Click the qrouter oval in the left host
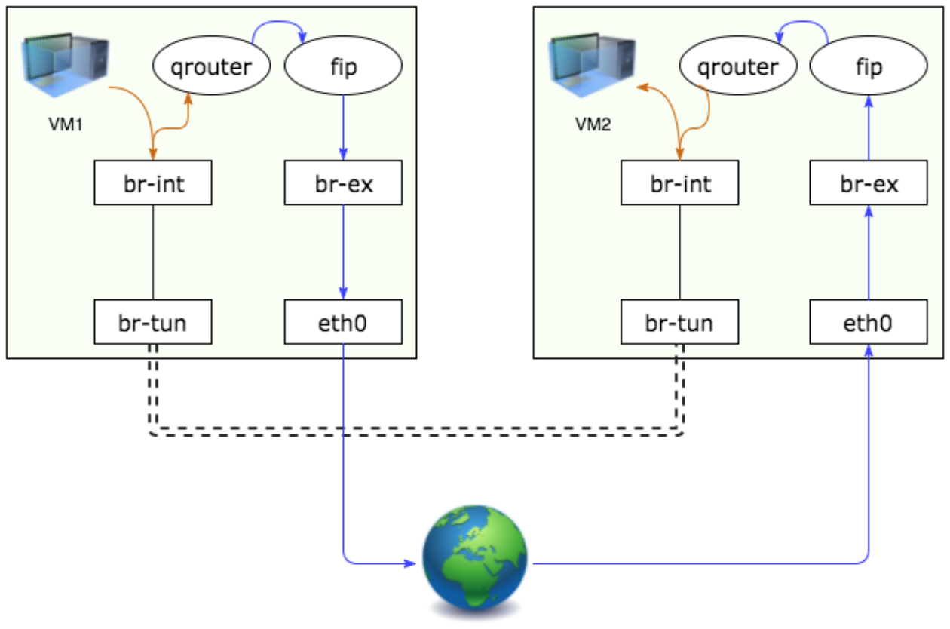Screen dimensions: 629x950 coord(212,68)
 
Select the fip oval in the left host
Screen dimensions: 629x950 coord(343,68)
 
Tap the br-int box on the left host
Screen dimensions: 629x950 coord(153,183)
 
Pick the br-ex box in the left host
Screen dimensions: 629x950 coord(343,183)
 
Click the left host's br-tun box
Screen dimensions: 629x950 coord(153,323)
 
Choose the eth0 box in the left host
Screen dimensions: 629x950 coord(343,323)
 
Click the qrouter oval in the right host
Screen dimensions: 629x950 coord(738,68)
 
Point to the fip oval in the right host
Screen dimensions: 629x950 coord(869,68)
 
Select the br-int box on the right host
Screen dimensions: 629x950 coord(680,183)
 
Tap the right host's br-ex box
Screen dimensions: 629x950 coord(869,183)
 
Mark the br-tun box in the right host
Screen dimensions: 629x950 coord(680,323)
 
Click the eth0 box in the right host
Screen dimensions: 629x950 coord(869,323)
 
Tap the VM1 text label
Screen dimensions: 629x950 coord(66,125)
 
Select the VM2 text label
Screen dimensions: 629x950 coord(593,125)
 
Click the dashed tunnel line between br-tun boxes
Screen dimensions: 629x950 coord(415,432)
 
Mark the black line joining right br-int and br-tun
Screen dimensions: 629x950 coord(680,253)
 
